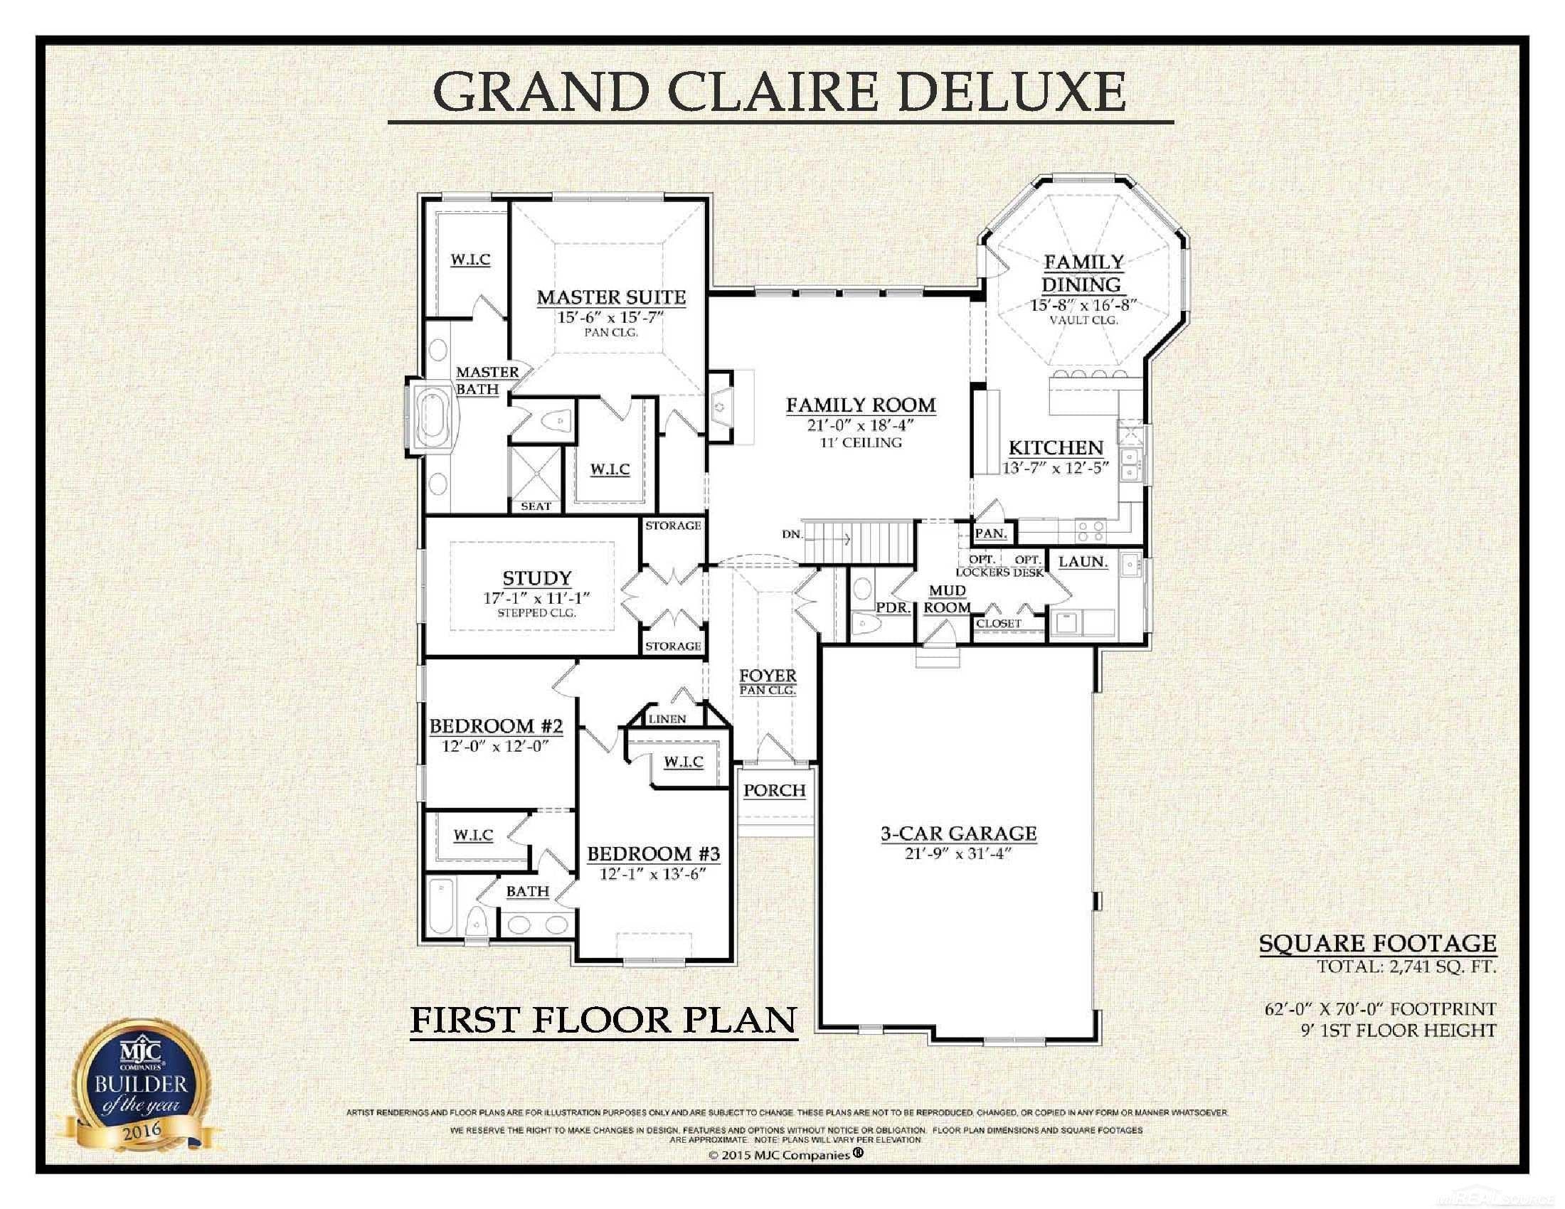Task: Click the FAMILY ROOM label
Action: (861, 405)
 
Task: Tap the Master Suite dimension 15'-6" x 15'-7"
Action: (611, 316)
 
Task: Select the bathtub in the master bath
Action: (432, 417)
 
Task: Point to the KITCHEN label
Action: (1056, 448)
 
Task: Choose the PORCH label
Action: (774, 791)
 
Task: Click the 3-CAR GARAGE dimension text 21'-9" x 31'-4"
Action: (957, 853)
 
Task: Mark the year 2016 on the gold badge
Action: (142, 1132)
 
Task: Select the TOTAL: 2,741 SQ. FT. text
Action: (1406, 966)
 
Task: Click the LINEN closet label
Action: (667, 719)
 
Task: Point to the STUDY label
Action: (536, 578)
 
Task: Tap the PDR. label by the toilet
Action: (893, 608)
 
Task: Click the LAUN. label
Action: (1083, 563)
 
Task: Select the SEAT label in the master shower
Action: (536, 506)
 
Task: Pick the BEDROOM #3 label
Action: (654, 853)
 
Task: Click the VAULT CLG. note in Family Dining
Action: (1083, 320)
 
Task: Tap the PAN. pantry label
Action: (991, 533)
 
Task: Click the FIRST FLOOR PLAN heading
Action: (603, 1020)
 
